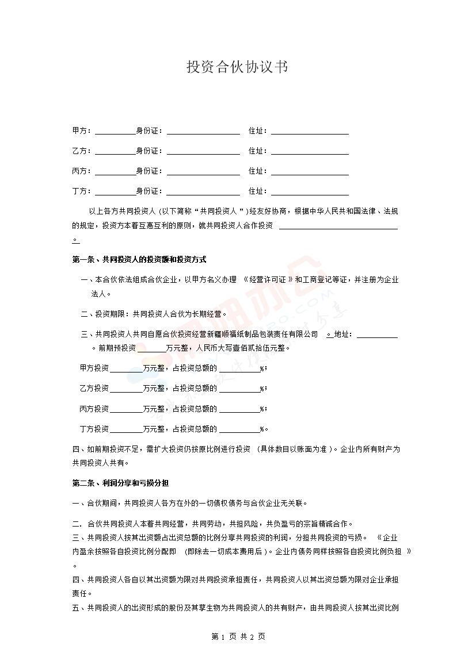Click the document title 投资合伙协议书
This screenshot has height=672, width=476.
coord(237,67)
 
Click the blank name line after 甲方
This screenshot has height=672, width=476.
coord(115,132)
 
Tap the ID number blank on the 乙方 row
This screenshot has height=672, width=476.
coord(203,152)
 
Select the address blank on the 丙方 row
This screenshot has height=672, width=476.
coord(310,172)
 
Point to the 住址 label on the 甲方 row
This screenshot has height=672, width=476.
coord(257,132)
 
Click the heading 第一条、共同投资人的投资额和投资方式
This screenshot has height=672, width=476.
coord(139,260)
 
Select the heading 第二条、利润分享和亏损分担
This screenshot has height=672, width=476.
coord(120,482)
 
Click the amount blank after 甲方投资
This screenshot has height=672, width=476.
coord(126,368)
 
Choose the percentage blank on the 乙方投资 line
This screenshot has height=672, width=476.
coord(239,389)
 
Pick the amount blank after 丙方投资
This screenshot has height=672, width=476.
coord(126,410)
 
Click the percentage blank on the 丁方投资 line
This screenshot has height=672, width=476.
coord(239,430)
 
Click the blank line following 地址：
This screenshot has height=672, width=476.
coord(377,335)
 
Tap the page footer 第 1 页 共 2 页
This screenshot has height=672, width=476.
coord(238,637)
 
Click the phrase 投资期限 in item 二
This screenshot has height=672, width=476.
coord(110,314)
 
